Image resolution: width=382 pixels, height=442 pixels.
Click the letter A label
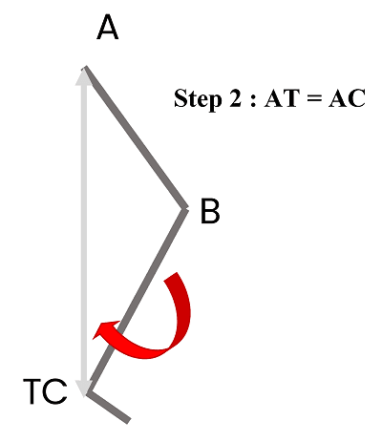(x=108, y=29)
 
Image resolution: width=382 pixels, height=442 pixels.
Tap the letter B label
(x=210, y=211)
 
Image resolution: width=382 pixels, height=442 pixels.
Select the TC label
(x=45, y=391)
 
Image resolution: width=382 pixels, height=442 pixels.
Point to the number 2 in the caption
(x=236, y=98)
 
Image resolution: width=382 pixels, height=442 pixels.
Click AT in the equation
(x=282, y=98)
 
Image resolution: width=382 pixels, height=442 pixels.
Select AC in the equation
(x=347, y=98)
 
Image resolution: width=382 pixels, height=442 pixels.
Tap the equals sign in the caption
(x=314, y=98)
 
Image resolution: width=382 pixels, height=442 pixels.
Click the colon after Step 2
(x=253, y=100)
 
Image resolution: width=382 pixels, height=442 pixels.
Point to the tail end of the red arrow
(x=172, y=277)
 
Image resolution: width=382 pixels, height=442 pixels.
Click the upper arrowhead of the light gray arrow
(x=84, y=76)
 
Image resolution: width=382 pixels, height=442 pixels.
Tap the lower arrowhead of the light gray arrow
(x=84, y=389)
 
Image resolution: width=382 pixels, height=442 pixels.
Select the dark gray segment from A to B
(x=135, y=137)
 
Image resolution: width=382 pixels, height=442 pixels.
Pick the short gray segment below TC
(x=108, y=407)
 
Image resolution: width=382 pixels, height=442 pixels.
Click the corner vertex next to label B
(x=185, y=208)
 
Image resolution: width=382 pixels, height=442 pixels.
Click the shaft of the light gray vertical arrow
(x=84, y=232)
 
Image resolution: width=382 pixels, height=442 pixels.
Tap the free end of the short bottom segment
(x=129, y=421)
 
